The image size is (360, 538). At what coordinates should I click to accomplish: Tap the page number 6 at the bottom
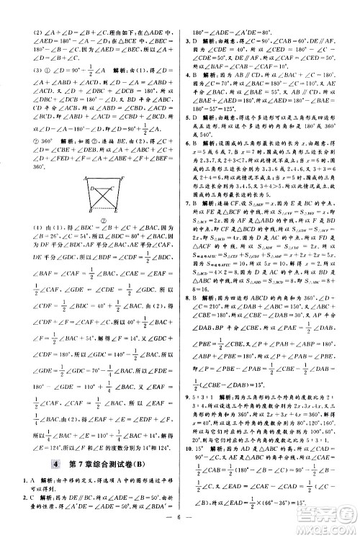180,523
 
